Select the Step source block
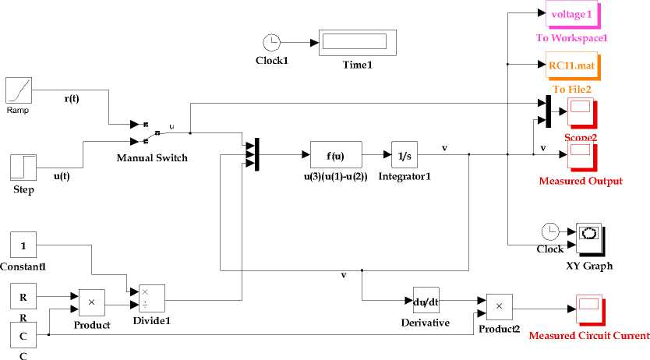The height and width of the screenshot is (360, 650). pyautogui.click(x=23, y=167)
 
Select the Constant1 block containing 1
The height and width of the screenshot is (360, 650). pyautogui.click(x=23, y=245)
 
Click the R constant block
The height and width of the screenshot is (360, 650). pyautogui.click(x=23, y=297)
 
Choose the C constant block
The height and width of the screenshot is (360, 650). pyautogui.click(x=23, y=335)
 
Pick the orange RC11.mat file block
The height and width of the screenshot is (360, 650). pyautogui.click(x=571, y=67)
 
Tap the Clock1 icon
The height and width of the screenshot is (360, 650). pyautogui.click(x=271, y=42)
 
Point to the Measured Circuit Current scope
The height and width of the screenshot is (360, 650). pyautogui.click(x=588, y=309)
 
